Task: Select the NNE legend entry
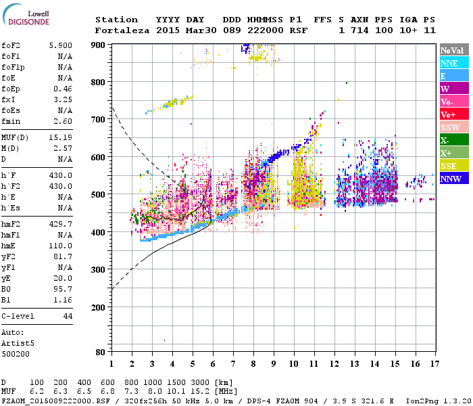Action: click(449, 63)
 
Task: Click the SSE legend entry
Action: click(449, 166)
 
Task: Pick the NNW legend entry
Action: click(451, 179)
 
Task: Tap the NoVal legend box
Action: click(451, 50)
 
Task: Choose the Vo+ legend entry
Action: click(449, 114)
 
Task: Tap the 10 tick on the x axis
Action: click(294, 365)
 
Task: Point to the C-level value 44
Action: click(68, 316)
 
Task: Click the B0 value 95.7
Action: click(65, 289)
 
